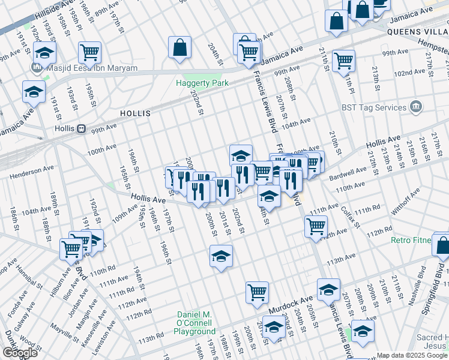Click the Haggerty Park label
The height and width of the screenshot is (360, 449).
[202, 83]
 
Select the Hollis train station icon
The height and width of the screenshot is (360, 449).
[80, 128]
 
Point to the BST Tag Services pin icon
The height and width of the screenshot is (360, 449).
[416, 107]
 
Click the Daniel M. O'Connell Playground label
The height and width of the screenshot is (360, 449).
[196, 323]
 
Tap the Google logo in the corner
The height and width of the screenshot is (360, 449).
[19, 353]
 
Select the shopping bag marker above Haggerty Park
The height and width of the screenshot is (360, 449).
[179, 48]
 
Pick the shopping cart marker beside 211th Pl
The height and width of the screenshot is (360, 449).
[343, 60]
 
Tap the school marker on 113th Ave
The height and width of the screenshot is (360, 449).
[221, 257]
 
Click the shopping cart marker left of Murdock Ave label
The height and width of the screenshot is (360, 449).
[257, 292]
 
